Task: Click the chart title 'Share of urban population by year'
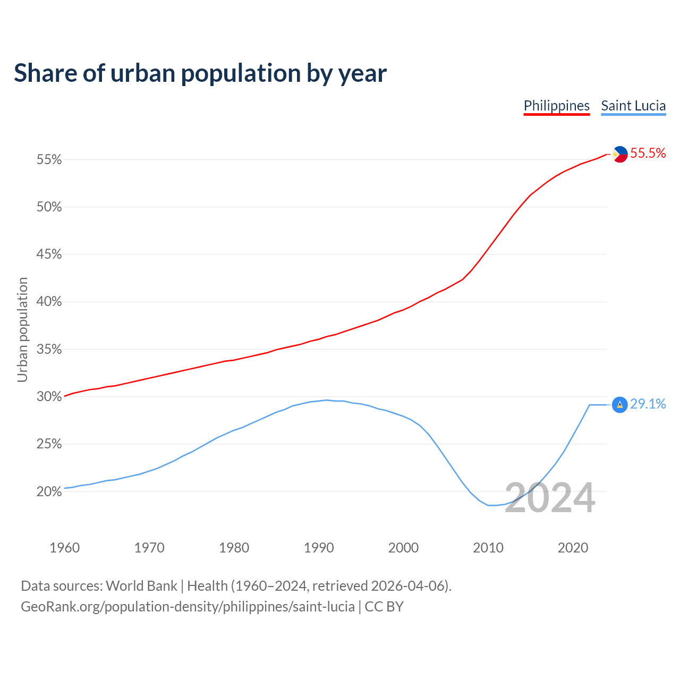tap(200, 73)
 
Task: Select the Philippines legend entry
tap(556, 106)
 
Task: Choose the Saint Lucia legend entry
tap(633, 106)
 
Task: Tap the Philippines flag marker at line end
tap(619, 154)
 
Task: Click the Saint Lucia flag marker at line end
tap(619, 405)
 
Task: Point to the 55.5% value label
tap(648, 154)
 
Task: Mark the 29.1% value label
tap(648, 404)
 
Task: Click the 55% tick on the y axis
tap(49, 160)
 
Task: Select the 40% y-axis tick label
tap(49, 302)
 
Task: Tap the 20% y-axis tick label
tap(49, 491)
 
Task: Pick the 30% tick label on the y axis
tap(49, 397)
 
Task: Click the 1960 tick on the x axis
tap(64, 548)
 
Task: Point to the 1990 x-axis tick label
tap(319, 548)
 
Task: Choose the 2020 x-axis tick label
tap(573, 548)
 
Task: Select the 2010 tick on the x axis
tap(488, 548)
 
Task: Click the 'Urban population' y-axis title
tap(22, 329)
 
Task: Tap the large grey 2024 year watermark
tap(549, 498)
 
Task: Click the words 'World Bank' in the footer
tap(141, 586)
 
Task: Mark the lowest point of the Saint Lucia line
tap(491, 505)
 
